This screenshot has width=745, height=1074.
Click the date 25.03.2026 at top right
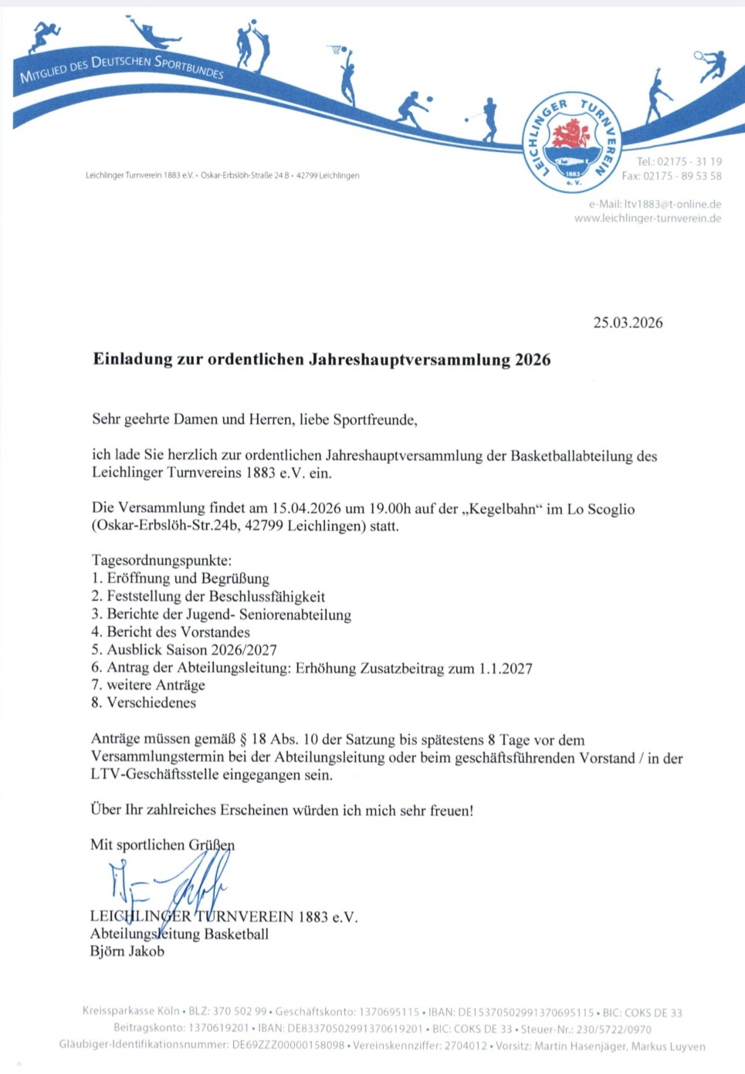click(628, 323)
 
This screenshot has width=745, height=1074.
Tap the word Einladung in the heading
click(128, 359)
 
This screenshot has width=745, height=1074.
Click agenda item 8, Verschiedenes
click(151, 703)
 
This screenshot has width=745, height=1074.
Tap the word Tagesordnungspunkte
click(161, 561)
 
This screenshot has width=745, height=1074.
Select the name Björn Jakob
click(127, 951)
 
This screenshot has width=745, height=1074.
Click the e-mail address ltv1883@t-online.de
click(672, 205)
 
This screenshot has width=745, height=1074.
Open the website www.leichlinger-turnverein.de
click(648, 219)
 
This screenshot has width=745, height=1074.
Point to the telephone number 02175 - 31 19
click(689, 162)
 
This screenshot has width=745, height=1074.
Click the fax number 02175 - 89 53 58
click(682, 176)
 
